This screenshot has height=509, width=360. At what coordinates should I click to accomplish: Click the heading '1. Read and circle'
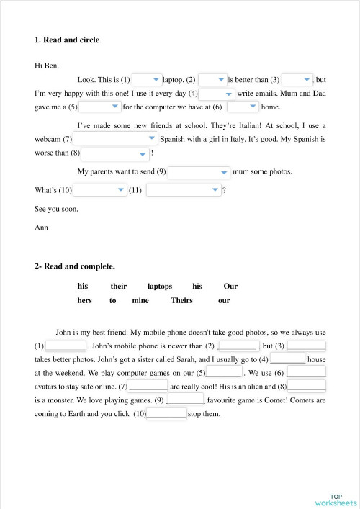point(67,40)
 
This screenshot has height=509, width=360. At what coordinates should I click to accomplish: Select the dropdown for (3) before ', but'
point(297,80)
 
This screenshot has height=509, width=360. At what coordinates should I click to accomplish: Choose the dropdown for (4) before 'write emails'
point(217,94)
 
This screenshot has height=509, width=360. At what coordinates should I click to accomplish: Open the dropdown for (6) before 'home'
point(243,107)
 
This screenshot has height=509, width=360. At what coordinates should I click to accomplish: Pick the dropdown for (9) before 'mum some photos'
point(199,172)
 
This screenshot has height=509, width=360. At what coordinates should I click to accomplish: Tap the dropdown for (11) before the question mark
point(184,190)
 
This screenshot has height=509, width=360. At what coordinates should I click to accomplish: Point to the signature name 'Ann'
point(41,228)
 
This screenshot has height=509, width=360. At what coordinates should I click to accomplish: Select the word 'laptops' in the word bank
point(160,286)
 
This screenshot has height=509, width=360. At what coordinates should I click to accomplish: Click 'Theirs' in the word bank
point(181,301)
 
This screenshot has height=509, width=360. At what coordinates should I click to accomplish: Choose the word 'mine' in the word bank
point(140,301)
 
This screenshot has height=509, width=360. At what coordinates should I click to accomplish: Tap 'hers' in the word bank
point(85,301)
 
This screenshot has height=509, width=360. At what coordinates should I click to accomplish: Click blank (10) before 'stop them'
point(167,414)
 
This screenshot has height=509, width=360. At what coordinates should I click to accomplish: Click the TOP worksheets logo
point(336,499)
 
